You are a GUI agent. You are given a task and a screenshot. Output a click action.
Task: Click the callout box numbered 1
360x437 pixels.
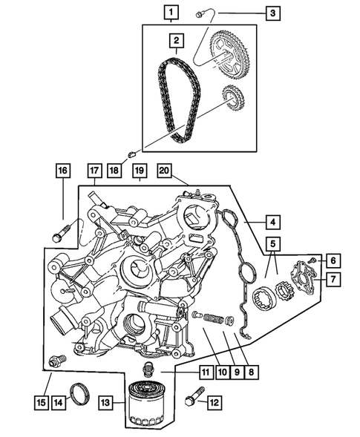[x=172, y=13]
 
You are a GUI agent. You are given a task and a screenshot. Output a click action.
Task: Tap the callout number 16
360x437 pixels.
[x=62, y=171]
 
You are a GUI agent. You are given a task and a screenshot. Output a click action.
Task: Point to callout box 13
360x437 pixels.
[x=105, y=403]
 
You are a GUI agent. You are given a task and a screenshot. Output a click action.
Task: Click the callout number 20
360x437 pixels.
[x=165, y=171]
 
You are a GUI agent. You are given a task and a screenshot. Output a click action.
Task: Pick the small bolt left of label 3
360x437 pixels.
[x=202, y=13]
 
